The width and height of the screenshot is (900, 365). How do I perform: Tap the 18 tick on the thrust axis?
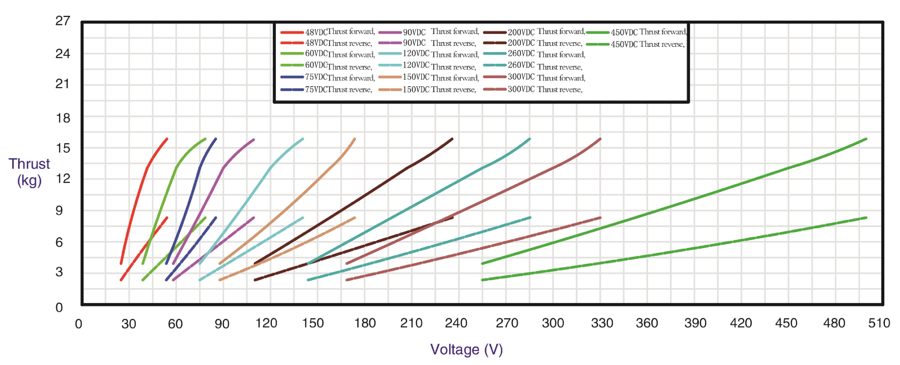pyautogui.click(x=63, y=118)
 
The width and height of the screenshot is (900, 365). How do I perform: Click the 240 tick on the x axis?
pyautogui.click(x=456, y=323)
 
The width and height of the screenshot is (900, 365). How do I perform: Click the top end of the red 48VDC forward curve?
pyautogui.click(x=167, y=139)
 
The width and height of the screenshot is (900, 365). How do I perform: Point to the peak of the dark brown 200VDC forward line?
pyautogui.click(x=453, y=139)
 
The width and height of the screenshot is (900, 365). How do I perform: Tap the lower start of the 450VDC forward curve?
pyautogui.click(x=483, y=263)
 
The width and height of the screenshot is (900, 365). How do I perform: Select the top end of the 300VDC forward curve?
pyautogui.click(x=600, y=139)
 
